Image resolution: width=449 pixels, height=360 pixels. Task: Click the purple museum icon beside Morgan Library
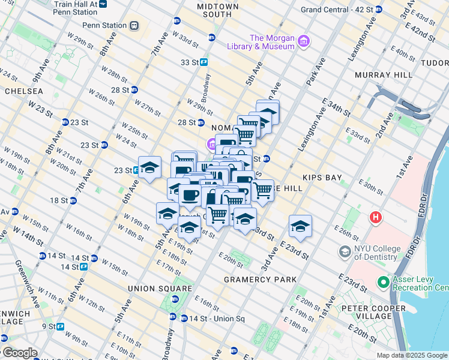(x=304, y=41)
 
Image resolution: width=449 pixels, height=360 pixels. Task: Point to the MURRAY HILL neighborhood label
(x=384, y=75)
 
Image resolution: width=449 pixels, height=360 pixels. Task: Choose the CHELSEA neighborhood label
(x=23, y=91)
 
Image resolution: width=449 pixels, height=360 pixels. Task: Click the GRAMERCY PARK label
(x=260, y=280)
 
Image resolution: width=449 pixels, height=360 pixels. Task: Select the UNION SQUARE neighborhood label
(x=151, y=289)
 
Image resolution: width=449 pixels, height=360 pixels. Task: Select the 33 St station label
(x=188, y=62)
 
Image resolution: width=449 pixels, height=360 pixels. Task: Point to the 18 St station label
(x=58, y=200)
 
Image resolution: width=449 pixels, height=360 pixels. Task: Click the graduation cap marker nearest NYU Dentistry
(x=300, y=226)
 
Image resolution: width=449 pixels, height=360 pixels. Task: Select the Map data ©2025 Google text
(x=411, y=355)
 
